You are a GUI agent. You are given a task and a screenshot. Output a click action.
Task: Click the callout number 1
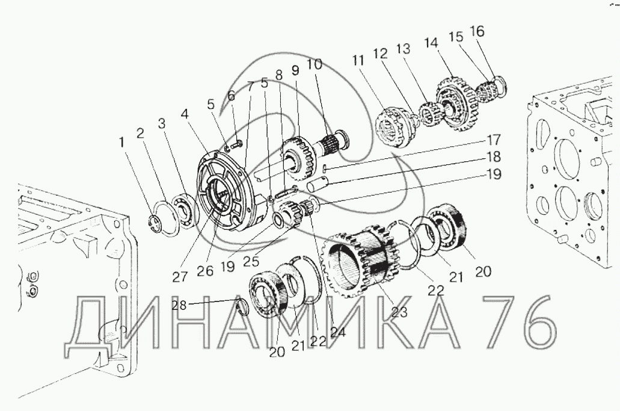pos(122,143)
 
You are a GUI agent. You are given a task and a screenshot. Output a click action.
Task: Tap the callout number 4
pos(185,114)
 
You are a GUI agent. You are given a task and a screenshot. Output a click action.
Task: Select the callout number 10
pos(315,64)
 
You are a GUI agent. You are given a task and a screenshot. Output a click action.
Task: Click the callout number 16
pos(477,31)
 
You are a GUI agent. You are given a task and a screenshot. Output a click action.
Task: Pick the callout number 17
pos(493,140)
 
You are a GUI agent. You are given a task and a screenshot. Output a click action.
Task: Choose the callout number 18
pos(494,157)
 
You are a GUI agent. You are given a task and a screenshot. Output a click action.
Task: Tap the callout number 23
pos(399,312)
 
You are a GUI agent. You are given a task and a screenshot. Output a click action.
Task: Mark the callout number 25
pos(251,261)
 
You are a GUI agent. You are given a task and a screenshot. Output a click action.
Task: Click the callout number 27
pos(180,276)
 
